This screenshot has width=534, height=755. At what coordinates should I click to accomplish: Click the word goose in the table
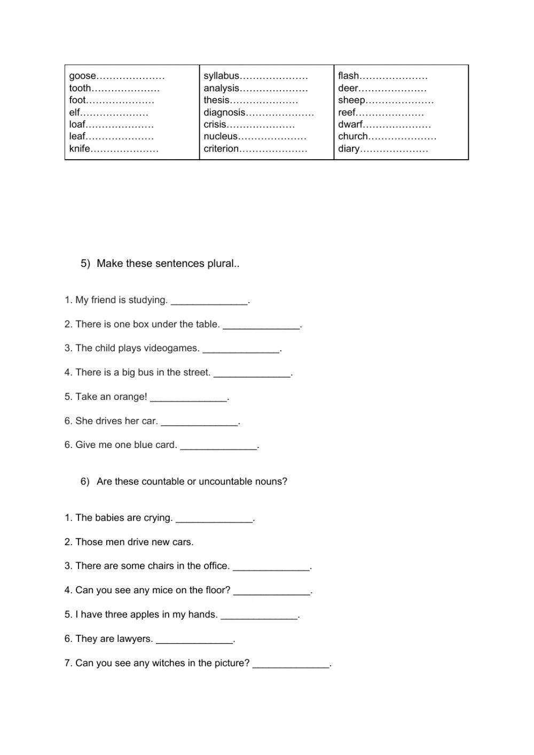click(x=82, y=76)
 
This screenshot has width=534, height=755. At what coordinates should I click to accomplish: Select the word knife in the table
click(x=80, y=149)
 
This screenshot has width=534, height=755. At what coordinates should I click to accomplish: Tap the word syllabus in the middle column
click(x=221, y=76)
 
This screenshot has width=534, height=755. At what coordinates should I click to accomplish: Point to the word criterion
click(x=221, y=149)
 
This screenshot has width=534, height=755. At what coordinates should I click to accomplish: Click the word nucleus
click(x=219, y=137)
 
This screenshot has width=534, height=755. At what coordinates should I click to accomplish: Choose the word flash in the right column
click(x=348, y=76)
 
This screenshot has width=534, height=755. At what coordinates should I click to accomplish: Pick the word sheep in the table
click(x=351, y=100)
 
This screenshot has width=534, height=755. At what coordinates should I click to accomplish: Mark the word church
click(x=352, y=137)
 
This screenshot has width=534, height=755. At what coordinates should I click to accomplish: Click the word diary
click(x=349, y=149)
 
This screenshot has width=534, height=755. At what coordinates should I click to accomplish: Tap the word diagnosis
click(x=224, y=113)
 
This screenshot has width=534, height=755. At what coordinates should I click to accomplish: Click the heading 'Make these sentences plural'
click(x=168, y=264)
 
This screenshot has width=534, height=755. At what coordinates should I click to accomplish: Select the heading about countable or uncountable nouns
click(x=192, y=482)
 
